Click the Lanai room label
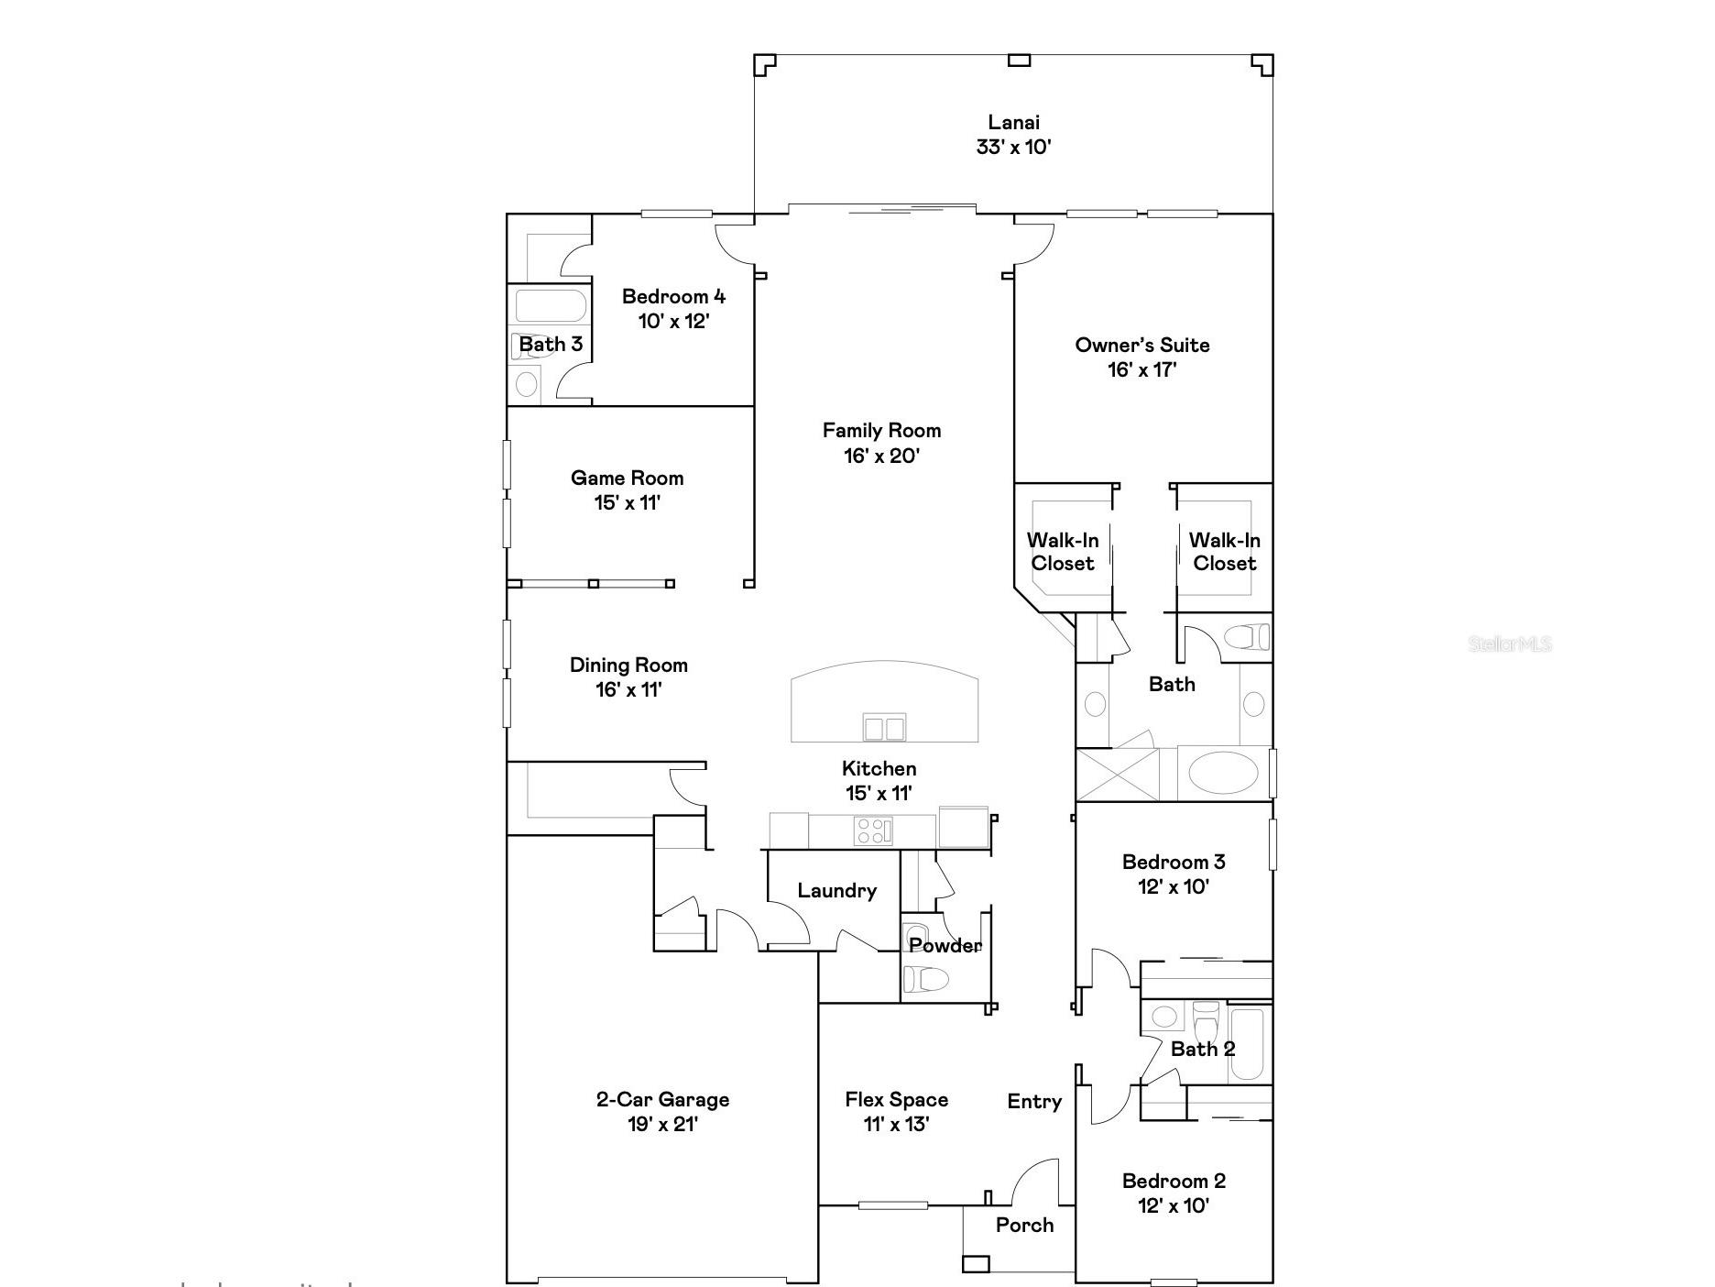pos(1013,122)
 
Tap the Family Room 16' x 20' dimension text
pos(881,456)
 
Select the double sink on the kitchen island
pos(884,728)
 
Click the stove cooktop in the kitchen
pos(873,830)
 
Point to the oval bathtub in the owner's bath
pos(1223,772)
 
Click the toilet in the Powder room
pos(925,979)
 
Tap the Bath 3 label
pos(551,345)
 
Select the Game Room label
pos(628,478)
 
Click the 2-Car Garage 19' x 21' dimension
pos(663,1124)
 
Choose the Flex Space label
pos(896,1099)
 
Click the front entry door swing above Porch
pos(1035,1182)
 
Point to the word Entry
pos(1034,1101)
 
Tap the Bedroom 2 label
pos(1174,1181)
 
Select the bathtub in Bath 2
pos(1247,1044)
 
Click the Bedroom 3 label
pos(1174,862)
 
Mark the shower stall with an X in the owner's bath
pos(1117,775)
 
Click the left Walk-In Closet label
pos(1063,552)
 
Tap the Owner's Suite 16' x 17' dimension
pos(1142,369)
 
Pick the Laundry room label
pos(836,890)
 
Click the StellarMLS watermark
pos(1510,643)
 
